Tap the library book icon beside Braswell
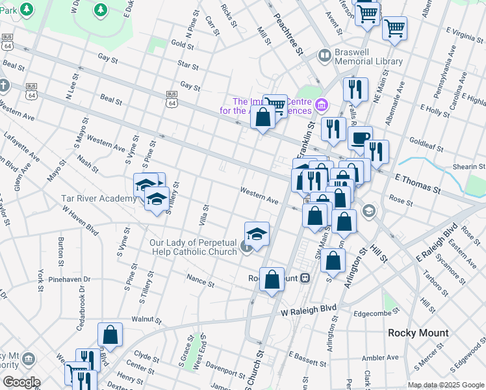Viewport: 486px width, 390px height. pos(324,56)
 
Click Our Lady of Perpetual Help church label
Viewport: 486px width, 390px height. pos(193,247)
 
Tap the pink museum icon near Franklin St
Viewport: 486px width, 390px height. pos(320,105)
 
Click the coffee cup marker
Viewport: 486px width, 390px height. pos(360,138)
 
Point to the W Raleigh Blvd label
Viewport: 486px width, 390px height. pos(309,311)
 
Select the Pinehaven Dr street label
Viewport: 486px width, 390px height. pos(71,279)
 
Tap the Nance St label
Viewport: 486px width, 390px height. pos(200,281)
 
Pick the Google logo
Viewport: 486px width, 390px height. pos(21,382)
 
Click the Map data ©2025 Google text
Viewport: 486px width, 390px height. pos(446,385)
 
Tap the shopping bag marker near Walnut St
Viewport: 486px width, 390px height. pos(110,334)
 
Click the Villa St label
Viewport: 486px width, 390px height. pos(205,213)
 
